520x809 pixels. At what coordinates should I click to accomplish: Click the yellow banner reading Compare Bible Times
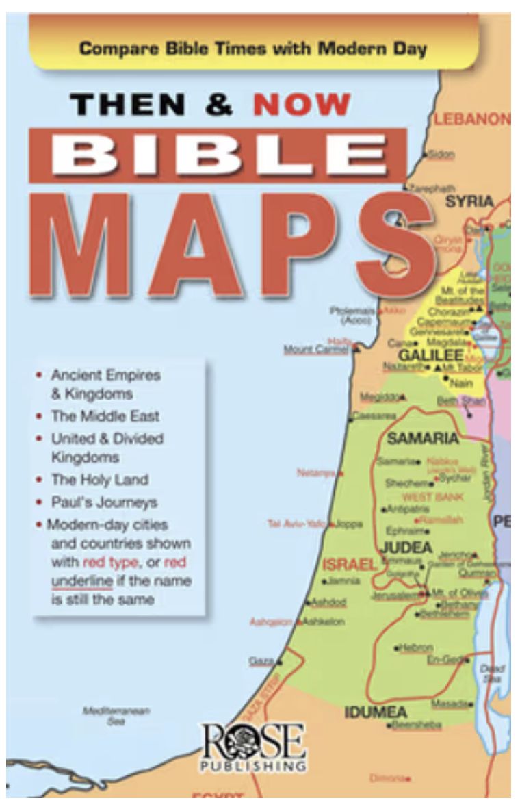(x=252, y=50)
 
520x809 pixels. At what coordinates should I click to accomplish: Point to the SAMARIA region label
(x=422, y=438)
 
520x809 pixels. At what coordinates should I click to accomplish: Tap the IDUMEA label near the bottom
(x=376, y=712)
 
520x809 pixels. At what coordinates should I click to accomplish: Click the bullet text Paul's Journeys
(x=104, y=502)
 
